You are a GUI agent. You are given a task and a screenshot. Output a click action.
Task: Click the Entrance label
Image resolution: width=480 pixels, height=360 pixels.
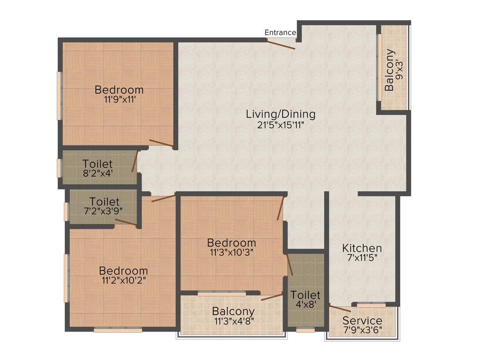[x=280, y=32]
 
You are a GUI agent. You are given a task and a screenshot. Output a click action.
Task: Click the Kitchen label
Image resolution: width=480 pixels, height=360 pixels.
[x=362, y=248]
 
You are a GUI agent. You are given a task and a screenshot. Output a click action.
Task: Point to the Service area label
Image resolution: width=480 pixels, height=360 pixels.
[x=362, y=321]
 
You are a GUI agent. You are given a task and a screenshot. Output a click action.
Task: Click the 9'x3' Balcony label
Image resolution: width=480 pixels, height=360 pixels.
[x=390, y=70]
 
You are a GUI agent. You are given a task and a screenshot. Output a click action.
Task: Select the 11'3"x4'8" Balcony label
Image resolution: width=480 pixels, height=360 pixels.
[x=233, y=311]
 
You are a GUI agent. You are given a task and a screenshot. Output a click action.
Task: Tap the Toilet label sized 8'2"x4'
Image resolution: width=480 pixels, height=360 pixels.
[x=97, y=164]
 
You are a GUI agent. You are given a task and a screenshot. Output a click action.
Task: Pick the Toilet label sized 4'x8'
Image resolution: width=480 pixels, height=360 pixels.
[x=305, y=295]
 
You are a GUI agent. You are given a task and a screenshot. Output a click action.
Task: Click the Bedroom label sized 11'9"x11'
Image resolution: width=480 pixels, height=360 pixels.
[x=119, y=90]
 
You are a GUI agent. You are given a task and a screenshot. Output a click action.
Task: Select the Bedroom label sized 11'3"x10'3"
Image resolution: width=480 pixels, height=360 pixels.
[x=232, y=243]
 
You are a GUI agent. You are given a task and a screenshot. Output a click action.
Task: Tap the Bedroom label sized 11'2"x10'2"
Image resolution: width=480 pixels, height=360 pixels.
[x=123, y=271]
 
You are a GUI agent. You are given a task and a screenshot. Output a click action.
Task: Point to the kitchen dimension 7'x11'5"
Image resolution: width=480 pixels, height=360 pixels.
[x=362, y=258]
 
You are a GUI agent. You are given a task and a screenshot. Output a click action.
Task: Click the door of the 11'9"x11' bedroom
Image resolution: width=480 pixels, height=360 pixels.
[x=161, y=144]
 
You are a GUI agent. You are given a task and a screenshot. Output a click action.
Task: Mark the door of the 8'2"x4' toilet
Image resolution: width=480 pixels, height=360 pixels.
[x=135, y=161]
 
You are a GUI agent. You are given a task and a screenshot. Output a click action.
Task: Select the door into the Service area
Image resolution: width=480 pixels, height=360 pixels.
[x=339, y=308]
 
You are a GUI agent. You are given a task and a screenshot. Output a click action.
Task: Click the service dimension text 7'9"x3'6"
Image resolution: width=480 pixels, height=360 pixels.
[x=362, y=330]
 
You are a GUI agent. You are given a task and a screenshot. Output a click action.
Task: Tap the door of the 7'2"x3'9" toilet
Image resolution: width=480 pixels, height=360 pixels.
[x=126, y=223]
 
